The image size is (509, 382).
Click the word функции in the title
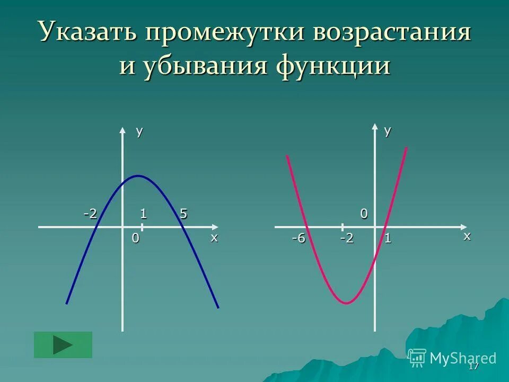[x=333, y=67]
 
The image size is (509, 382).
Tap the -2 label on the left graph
[x=90, y=214]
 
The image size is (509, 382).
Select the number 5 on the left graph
[x=183, y=214]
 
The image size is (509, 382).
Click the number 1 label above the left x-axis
[x=143, y=214]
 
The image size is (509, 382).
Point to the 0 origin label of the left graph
[x=135, y=238]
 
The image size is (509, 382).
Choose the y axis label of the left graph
[x=139, y=132]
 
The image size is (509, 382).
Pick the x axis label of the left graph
[x=214, y=237]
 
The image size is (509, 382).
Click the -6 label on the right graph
[x=299, y=238]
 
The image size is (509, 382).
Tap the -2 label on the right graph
[x=347, y=238]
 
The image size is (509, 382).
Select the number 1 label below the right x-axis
[x=388, y=238]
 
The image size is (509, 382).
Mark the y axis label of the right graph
[x=388, y=132]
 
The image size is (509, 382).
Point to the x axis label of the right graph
[x=467, y=236]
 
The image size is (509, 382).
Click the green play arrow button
[x=63, y=345]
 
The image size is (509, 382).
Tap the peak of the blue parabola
[x=138, y=176]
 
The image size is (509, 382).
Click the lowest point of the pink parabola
[x=346, y=303]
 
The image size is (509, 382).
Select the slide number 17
[x=473, y=367]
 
